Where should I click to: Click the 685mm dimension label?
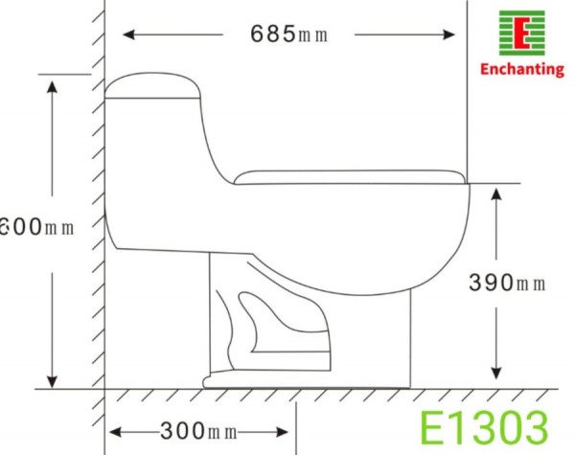[289, 34]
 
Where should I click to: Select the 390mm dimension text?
[507, 283]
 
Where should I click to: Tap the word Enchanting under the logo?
[521, 71]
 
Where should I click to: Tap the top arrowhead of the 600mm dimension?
[54, 83]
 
